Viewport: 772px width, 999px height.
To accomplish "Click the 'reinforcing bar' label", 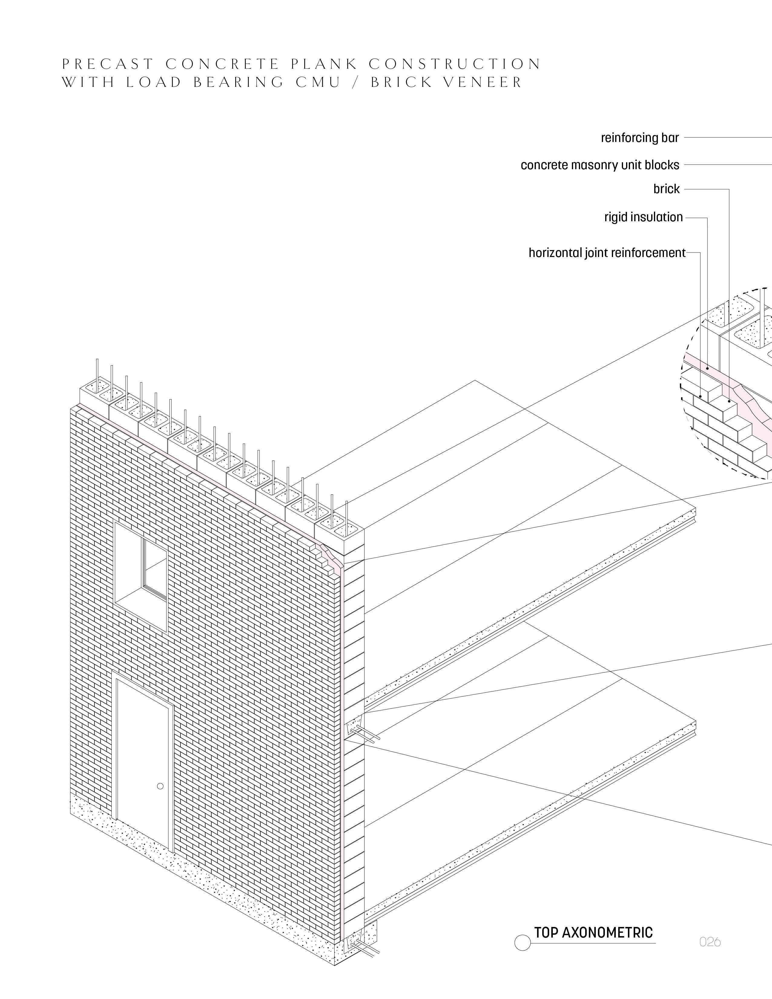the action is click(639, 138).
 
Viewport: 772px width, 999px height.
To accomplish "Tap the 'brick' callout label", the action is click(666, 189).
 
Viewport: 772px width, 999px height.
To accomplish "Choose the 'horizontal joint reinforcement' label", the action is click(607, 253).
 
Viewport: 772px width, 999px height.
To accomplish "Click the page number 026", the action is click(710, 941).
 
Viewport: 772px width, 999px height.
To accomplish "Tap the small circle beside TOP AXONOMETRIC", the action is click(522, 943).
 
